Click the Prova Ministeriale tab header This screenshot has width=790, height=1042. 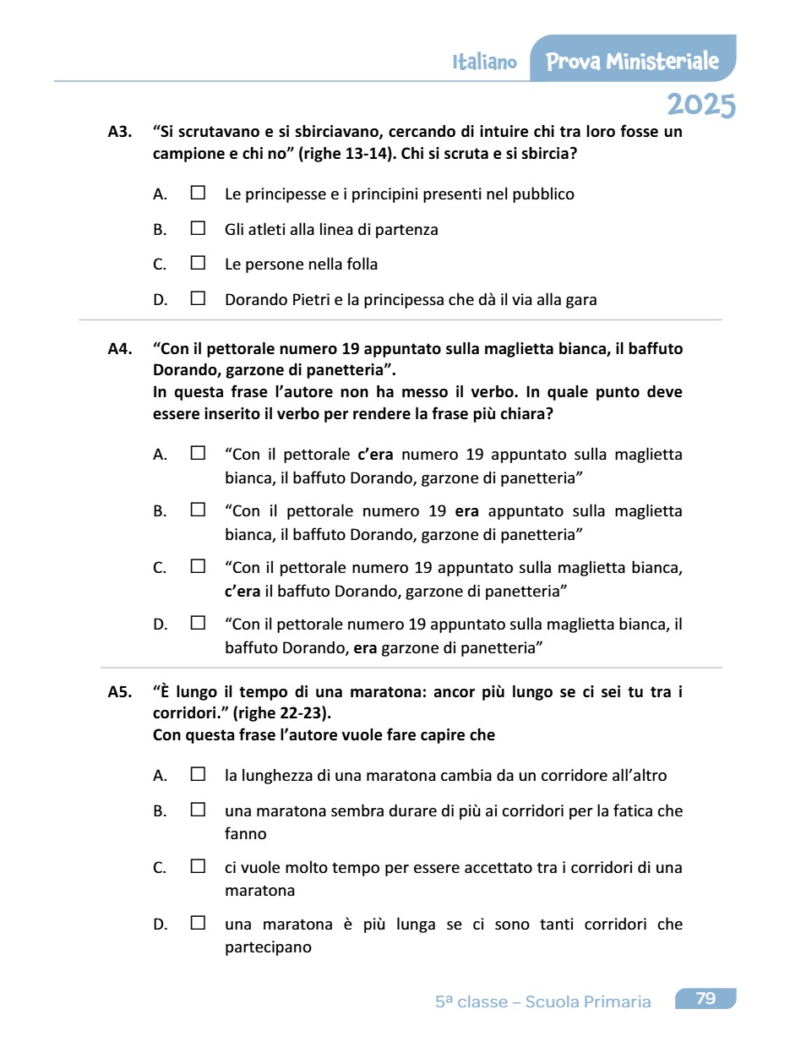tap(633, 61)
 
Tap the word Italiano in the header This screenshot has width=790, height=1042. tap(484, 62)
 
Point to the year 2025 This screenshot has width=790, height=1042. tap(700, 105)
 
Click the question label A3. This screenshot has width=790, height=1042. tap(119, 132)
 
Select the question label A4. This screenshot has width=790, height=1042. tap(119, 348)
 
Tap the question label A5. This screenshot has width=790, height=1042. tap(119, 692)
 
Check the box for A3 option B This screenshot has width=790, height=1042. tap(198, 228)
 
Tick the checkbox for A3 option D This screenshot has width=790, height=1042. tap(198, 298)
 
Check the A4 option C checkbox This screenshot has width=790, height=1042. tap(198, 566)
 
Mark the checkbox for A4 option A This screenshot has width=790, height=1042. tap(198, 453)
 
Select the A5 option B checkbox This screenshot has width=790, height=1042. tap(198, 810)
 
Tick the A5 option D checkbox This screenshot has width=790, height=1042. tap(198, 923)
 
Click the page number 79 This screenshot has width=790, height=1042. tap(706, 999)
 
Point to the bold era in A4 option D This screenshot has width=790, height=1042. tap(364, 648)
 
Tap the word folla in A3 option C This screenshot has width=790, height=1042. tap(360, 265)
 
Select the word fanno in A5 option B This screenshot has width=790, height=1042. tap(245, 834)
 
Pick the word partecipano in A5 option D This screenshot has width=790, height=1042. tap(268, 947)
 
